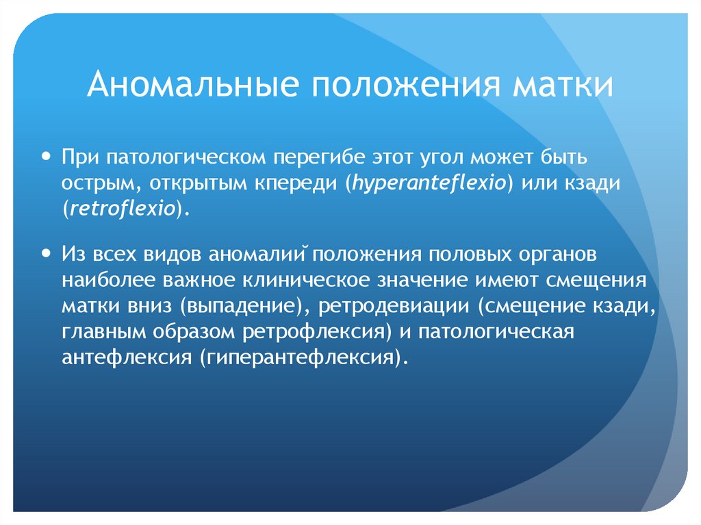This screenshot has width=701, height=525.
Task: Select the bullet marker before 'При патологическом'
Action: tap(46, 156)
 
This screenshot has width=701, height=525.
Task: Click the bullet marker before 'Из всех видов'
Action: tap(46, 252)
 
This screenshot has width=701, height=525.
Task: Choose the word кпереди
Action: tap(298, 183)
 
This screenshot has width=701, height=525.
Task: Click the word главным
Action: tap(100, 332)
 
